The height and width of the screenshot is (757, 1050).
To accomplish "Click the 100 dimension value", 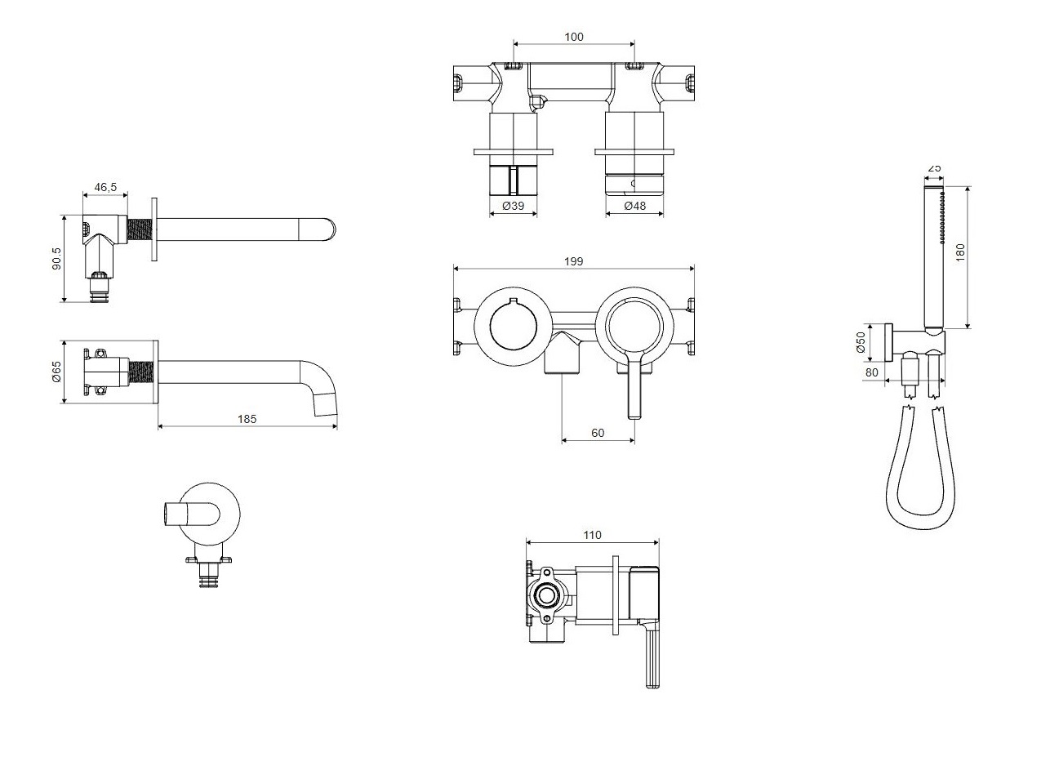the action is (x=574, y=37).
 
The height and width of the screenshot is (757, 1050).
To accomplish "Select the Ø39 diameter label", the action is (x=513, y=206).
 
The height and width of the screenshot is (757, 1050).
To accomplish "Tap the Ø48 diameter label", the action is (x=634, y=206).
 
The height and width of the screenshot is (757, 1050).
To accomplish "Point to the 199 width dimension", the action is (x=574, y=261).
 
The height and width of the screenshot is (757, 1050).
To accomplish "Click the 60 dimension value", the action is (x=598, y=433).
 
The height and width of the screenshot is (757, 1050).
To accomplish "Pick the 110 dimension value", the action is (x=592, y=536).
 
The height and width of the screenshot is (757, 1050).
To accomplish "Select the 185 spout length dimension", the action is (x=247, y=419).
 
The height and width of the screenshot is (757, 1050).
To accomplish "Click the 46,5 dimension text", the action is (x=105, y=188).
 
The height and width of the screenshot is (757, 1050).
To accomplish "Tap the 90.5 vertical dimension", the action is (x=56, y=258).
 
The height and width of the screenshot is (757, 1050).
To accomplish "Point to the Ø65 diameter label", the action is (x=56, y=372).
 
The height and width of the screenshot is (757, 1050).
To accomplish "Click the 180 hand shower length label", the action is (x=960, y=252).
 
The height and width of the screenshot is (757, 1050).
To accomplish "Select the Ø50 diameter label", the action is (x=861, y=343).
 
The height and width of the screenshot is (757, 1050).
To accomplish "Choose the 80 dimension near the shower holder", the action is (x=871, y=372).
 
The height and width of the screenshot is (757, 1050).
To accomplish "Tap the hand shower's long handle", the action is (x=934, y=258).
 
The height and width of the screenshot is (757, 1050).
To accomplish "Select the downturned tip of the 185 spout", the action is (x=326, y=405).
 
